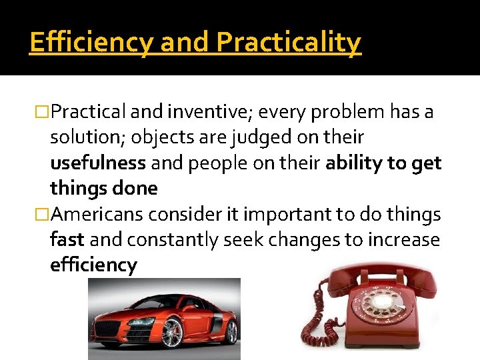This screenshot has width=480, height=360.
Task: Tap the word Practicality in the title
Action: coord(289,43)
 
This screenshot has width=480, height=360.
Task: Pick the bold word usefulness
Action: coord(98,163)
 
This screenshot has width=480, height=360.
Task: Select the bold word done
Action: coord(135,188)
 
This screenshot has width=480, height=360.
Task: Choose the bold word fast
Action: coord(67,239)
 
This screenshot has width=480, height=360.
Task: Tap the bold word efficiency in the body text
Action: coord(93,265)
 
